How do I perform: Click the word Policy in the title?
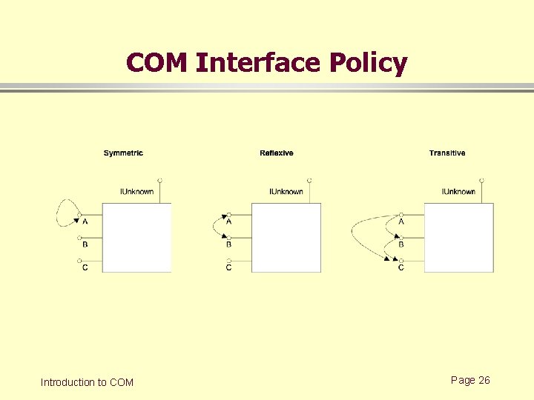click(369, 63)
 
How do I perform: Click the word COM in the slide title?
click(157, 63)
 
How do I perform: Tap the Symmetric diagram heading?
click(123, 153)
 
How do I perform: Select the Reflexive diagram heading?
click(277, 153)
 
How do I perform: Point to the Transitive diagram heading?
click(447, 153)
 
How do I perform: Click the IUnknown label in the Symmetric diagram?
click(137, 192)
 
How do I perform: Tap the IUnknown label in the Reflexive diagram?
click(286, 192)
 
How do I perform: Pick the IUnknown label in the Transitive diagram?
click(458, 192)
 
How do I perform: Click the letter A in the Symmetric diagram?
click(85, 221)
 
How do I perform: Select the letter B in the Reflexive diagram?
click(228, 244)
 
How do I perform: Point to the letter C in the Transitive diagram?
click(401, 267)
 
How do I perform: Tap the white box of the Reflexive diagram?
click(286, 238)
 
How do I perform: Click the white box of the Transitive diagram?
click(458, 238)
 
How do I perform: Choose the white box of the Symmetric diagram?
click(136, 238)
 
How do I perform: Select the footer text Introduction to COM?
click(87, 382)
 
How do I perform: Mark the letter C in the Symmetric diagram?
click(85, 267)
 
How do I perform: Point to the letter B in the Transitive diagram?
click(401, 244)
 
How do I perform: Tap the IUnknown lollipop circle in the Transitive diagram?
click(481, 180)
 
